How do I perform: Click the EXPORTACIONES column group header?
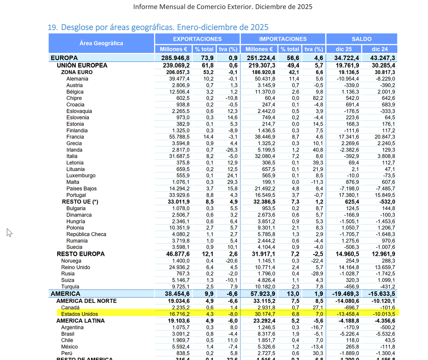197,39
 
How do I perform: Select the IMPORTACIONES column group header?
283,39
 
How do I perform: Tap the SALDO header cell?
361,39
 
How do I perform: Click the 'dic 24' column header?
379,49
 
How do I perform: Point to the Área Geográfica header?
101,43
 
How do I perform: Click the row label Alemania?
77,79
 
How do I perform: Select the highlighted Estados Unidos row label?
79,314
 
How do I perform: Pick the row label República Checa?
86,234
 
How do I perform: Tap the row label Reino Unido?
75,267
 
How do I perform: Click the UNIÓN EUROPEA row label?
82,65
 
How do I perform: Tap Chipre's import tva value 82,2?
317,98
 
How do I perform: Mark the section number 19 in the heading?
52,27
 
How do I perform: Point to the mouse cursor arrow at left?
9,232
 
